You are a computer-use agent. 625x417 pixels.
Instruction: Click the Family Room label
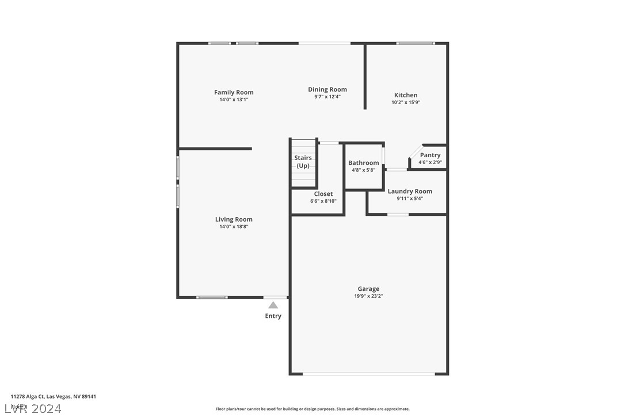(x=234, y=92)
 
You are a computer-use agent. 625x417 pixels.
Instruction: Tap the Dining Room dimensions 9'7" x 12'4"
(x=327, y=97)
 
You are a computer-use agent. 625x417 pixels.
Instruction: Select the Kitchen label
(x=406, y=95)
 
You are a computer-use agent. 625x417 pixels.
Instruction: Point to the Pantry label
(x=430, y=155)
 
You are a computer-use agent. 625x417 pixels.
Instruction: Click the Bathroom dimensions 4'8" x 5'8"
(x=364, y=170)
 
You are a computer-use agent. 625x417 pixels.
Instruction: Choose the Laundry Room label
(x=410, y=191)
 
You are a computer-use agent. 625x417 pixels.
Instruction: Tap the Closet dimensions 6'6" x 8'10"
(x=323, y=202)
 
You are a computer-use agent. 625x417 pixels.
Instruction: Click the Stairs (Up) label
(x=303, y=162)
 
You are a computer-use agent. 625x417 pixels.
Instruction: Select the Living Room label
(x=234, y=219)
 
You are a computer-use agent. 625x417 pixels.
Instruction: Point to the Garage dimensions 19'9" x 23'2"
(x=368, y=297)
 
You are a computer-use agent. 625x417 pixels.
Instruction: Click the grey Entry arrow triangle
(x=273, y=305)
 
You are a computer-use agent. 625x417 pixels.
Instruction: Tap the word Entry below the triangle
(x=273, y=316)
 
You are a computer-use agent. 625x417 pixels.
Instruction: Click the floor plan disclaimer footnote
(x=312, y=409)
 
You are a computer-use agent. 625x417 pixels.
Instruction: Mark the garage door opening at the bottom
(x=369, y=374)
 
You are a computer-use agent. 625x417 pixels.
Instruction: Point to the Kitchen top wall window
(x=416, y=43)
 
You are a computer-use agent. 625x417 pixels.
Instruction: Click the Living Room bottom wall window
(x=212, y=297)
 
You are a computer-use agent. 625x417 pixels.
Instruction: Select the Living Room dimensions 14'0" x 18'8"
(x=234, y=227)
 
